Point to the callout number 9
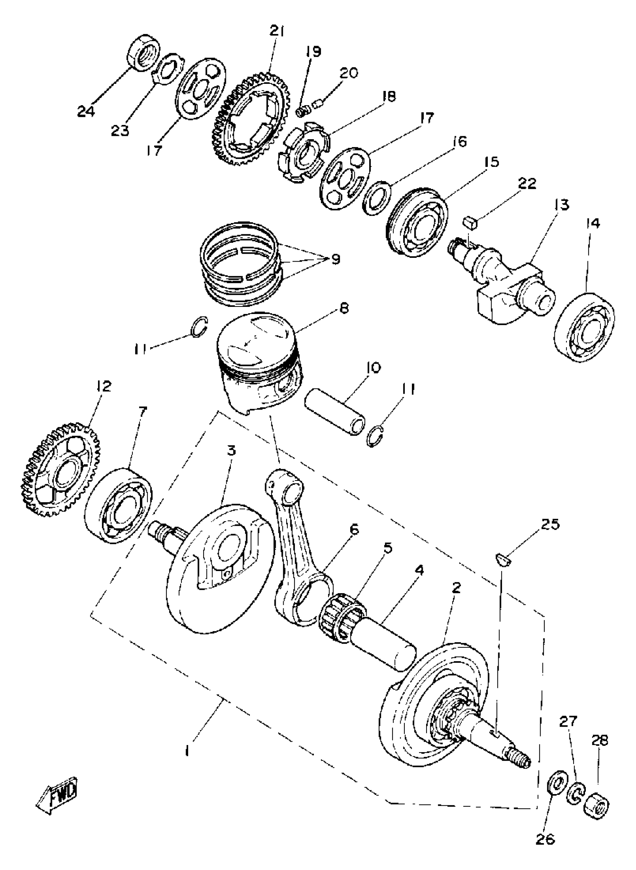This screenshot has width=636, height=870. [x=335, y=259]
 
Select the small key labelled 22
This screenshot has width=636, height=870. [x=471, y=222]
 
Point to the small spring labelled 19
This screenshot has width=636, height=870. [x=303, y=111]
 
